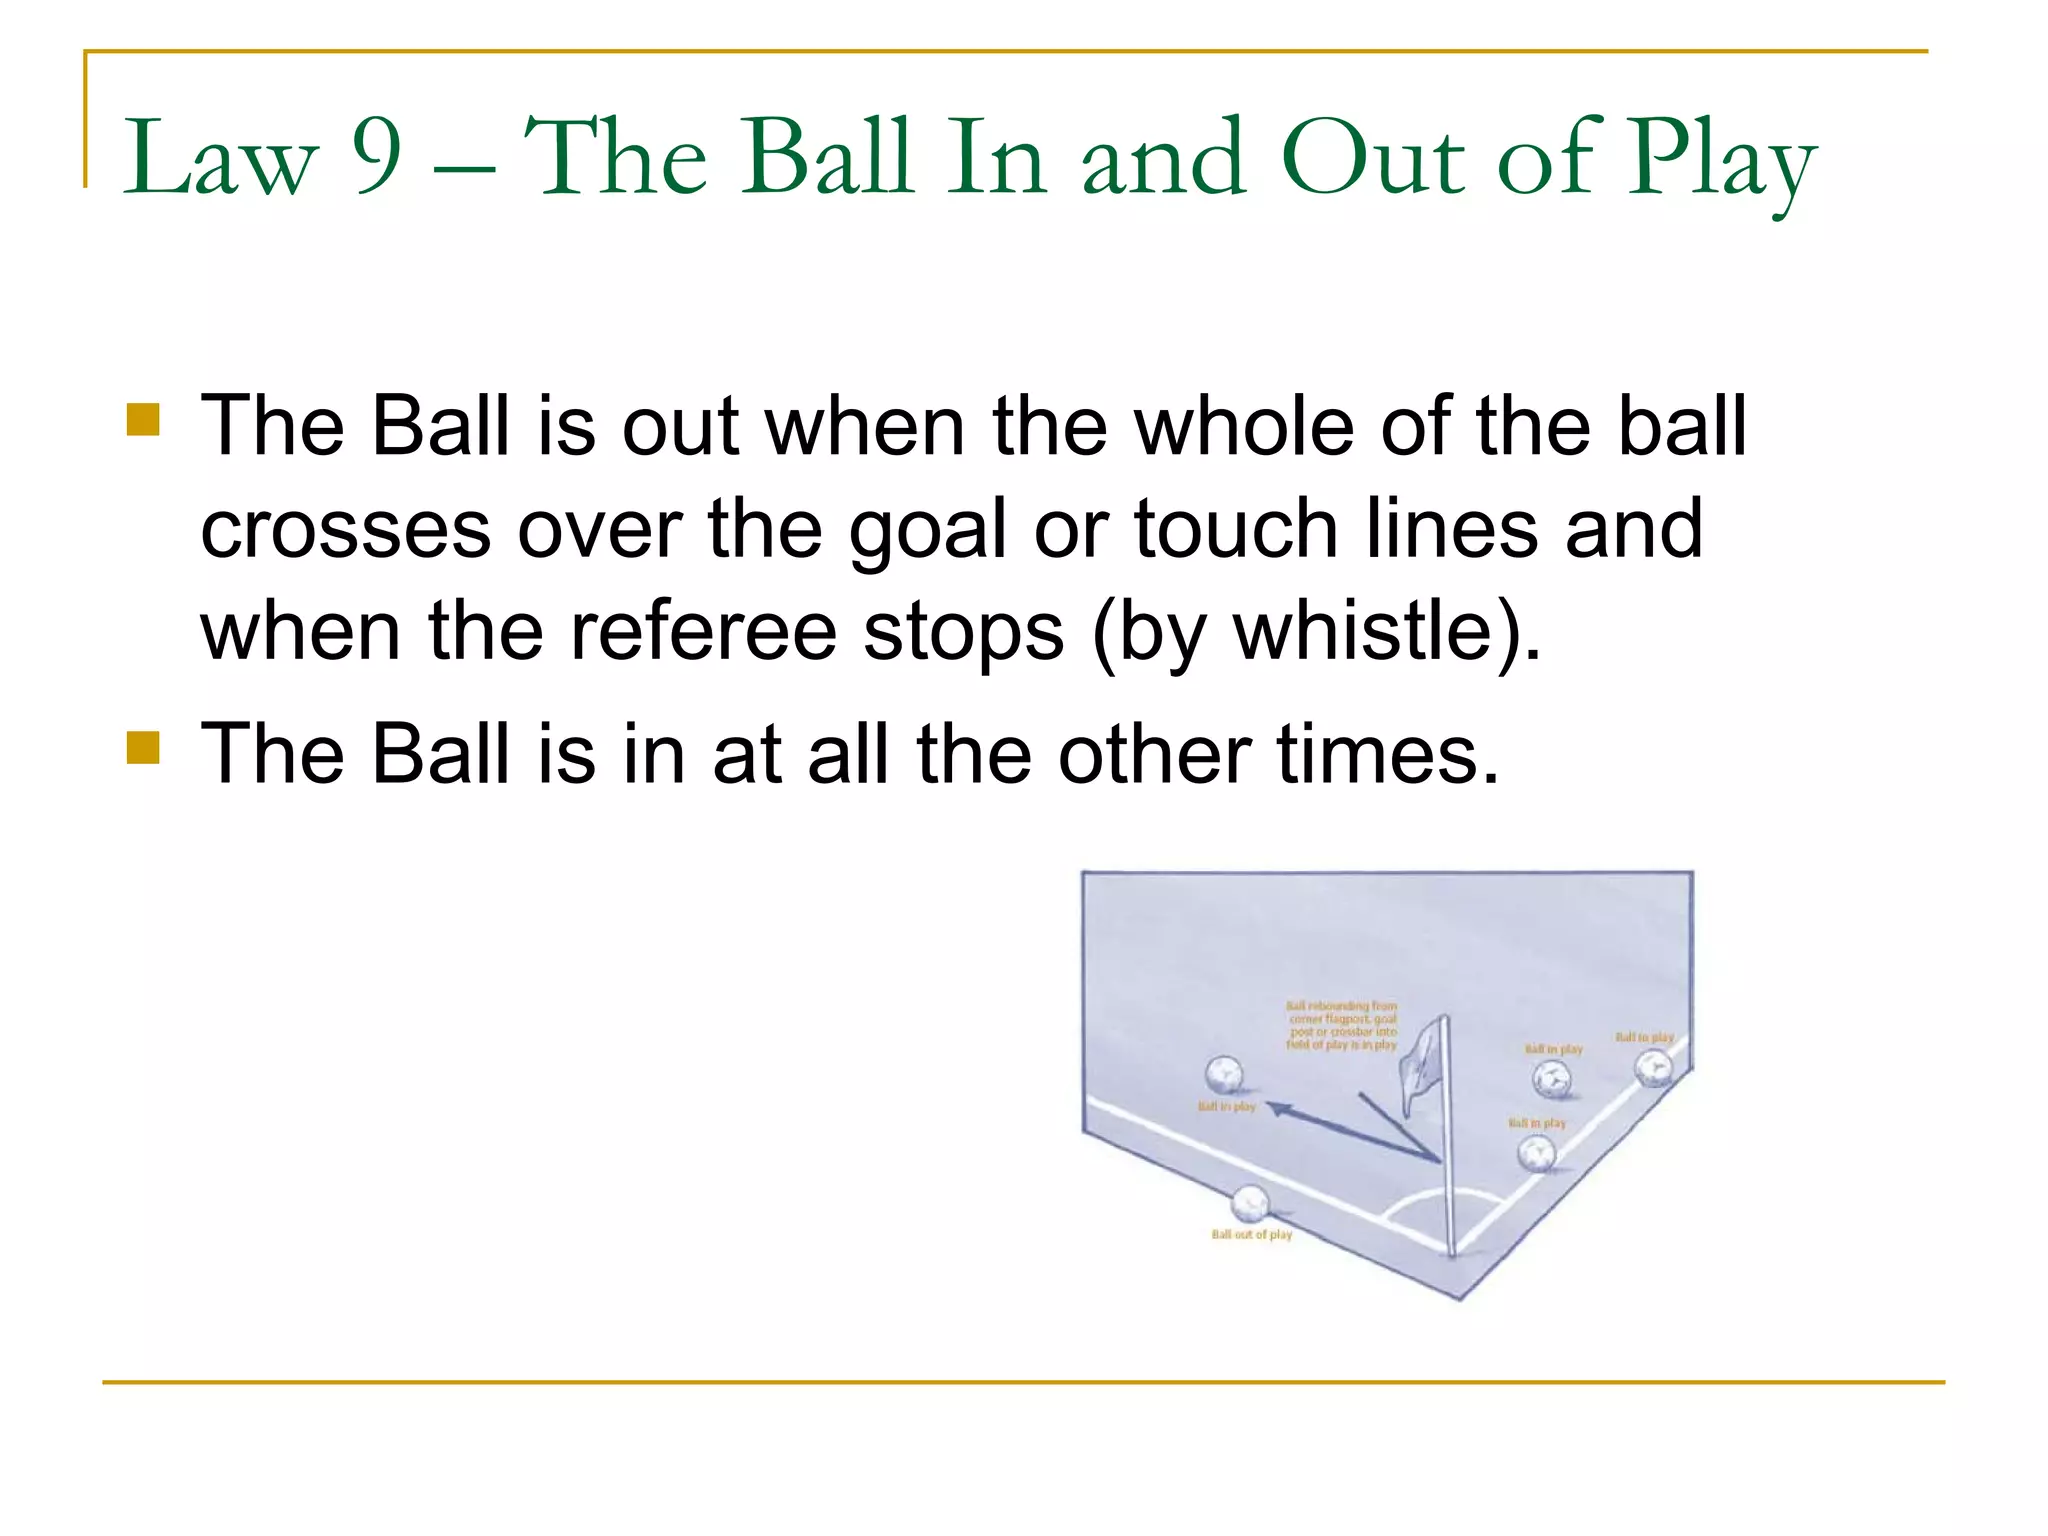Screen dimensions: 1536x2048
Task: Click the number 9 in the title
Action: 377,158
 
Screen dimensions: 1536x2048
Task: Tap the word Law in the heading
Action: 219,160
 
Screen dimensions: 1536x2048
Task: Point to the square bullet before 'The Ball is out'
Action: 144,420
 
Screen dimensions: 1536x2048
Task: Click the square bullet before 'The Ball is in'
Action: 144,747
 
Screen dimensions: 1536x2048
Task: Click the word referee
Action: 703,632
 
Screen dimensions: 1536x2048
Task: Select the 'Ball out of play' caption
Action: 1251,1235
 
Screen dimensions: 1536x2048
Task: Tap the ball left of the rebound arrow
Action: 1223,1076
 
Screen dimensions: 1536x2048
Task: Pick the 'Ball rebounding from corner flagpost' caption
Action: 1341,1025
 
